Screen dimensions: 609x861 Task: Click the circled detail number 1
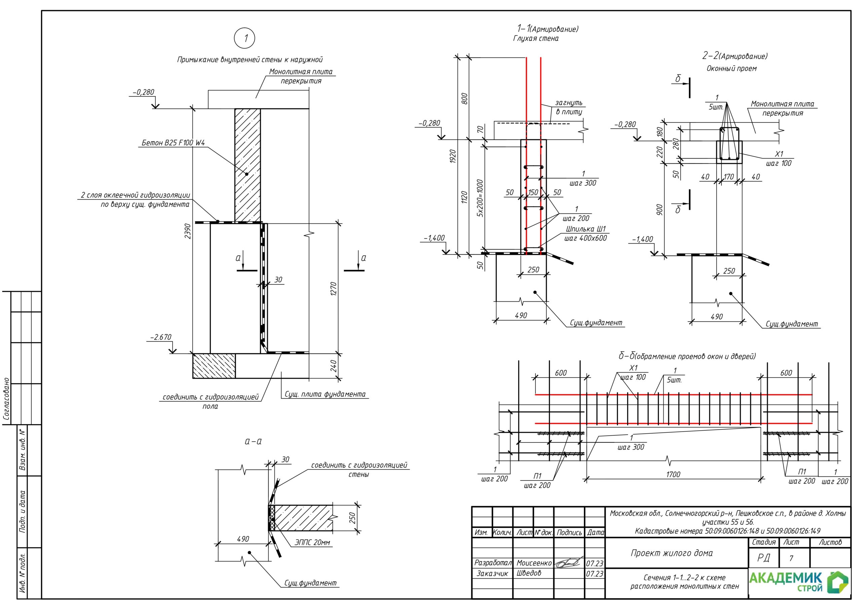coord(245,38)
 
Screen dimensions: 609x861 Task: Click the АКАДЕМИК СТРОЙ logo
coord(798,582)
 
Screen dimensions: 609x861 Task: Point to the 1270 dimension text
coord(333,289)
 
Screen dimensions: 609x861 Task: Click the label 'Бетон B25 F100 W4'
coord(173,143)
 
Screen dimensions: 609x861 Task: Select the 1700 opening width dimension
coord(673,474)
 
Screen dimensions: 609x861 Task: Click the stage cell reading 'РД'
coord(763,558)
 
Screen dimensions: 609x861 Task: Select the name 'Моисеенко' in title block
coord(534,563)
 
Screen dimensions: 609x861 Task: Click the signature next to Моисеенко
coord(569,563)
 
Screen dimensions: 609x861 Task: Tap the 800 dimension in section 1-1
coord(464,98)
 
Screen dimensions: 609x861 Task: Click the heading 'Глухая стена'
coord(535,38)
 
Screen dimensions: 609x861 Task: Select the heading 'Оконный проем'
coord(731,68)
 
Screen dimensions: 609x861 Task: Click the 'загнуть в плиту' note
coord(568,107)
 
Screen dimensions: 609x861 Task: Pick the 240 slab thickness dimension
coord(333,366)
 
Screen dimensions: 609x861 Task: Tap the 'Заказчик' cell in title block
coord(492,573)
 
